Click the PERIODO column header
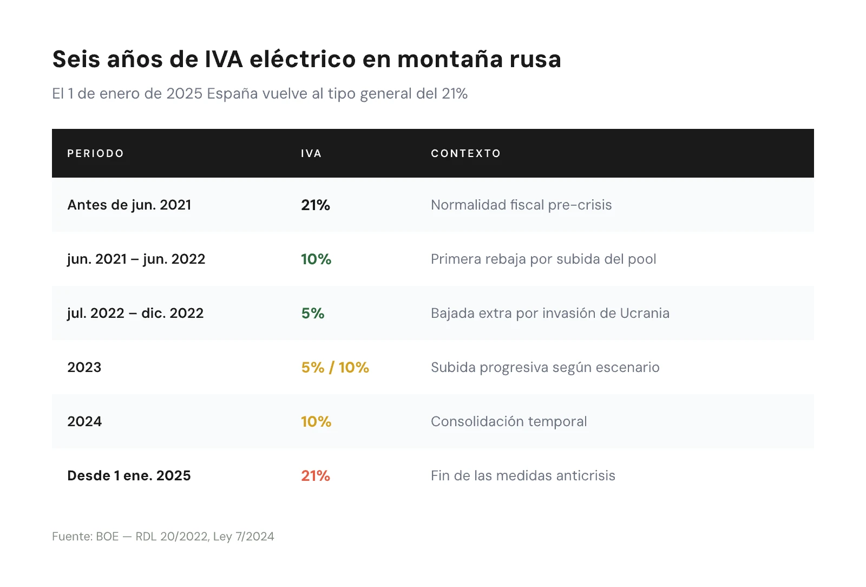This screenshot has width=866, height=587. [95, 153]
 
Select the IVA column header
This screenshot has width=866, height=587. [311, 153]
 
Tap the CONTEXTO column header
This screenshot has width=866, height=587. [465, 153]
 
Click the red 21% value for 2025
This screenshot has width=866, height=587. [316, 475]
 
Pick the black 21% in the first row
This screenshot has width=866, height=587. [316, 205]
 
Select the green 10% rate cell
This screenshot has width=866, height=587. [316, 259]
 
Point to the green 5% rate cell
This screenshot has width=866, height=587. [313, 313]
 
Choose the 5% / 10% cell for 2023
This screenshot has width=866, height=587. [335, 367]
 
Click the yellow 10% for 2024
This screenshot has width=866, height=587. [316, 421]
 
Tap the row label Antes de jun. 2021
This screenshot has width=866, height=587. [129, 205]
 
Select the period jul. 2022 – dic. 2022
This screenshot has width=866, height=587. [135, 313]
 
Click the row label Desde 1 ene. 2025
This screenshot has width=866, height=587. [129, 475]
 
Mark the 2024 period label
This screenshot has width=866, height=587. [84, 421]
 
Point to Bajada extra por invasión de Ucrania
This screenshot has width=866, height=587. [550, 313]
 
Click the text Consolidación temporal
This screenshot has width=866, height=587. [509, 421]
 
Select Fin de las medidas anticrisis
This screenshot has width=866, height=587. [523, 475]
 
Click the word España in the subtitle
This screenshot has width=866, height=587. [232, 94]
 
